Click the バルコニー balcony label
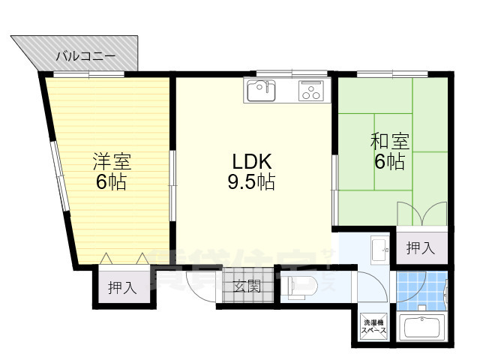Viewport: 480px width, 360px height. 86,56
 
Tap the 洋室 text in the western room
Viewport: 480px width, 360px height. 112,160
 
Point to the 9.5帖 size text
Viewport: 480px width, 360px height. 250,181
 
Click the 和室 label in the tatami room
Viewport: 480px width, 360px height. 389,141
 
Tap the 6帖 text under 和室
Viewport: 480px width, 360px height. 389,162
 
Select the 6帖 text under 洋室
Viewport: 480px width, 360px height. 111,181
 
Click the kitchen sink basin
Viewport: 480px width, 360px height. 260,91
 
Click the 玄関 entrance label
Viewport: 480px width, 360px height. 245,286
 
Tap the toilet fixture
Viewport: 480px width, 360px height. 299,286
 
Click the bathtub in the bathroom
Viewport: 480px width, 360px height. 424,328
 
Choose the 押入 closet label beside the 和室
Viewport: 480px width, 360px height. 421,248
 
